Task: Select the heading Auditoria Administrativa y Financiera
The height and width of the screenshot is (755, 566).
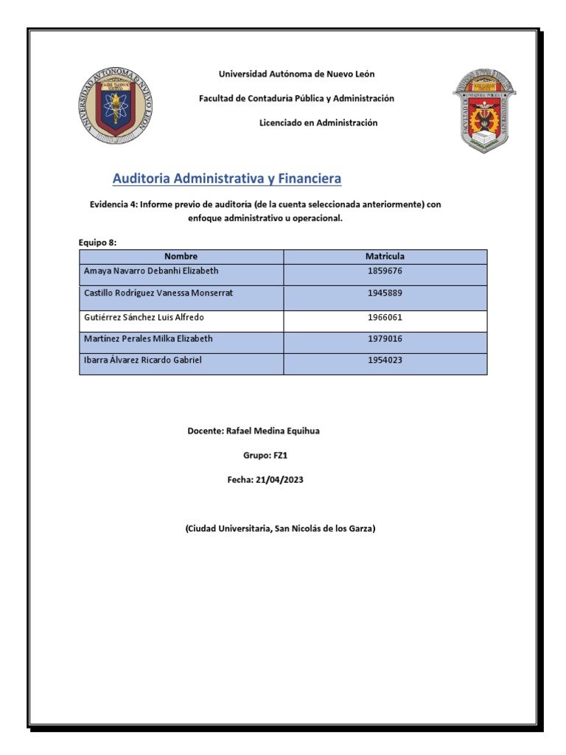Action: (x=227, y=179)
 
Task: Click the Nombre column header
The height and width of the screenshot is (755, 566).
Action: (x=181, y=257)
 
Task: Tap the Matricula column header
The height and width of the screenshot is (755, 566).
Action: (x=385, y=257)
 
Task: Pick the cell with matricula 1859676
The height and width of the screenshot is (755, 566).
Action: (x=385, y=271)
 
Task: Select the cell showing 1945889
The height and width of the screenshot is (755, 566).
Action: (x=385, y=293)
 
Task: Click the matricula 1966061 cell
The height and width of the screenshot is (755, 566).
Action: (x=385, y=318)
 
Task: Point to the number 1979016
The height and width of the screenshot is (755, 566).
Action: (x=385, y=339)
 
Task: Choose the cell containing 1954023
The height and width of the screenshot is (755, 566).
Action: (x=385, y=361)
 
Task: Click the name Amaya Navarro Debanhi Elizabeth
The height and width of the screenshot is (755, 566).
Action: (x=151, y=271)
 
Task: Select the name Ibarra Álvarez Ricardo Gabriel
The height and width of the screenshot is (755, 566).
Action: (x=142, y=361)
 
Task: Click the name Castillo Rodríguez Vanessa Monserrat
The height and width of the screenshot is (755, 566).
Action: (x=158, y=293)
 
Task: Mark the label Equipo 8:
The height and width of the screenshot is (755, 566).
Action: (x=97, y=242)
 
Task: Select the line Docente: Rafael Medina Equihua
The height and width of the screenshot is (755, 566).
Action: (x=254, y=431)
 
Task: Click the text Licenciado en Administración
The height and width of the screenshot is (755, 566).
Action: (x=318, y=123)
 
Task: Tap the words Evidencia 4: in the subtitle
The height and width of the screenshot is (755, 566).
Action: (x=113, y=205)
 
